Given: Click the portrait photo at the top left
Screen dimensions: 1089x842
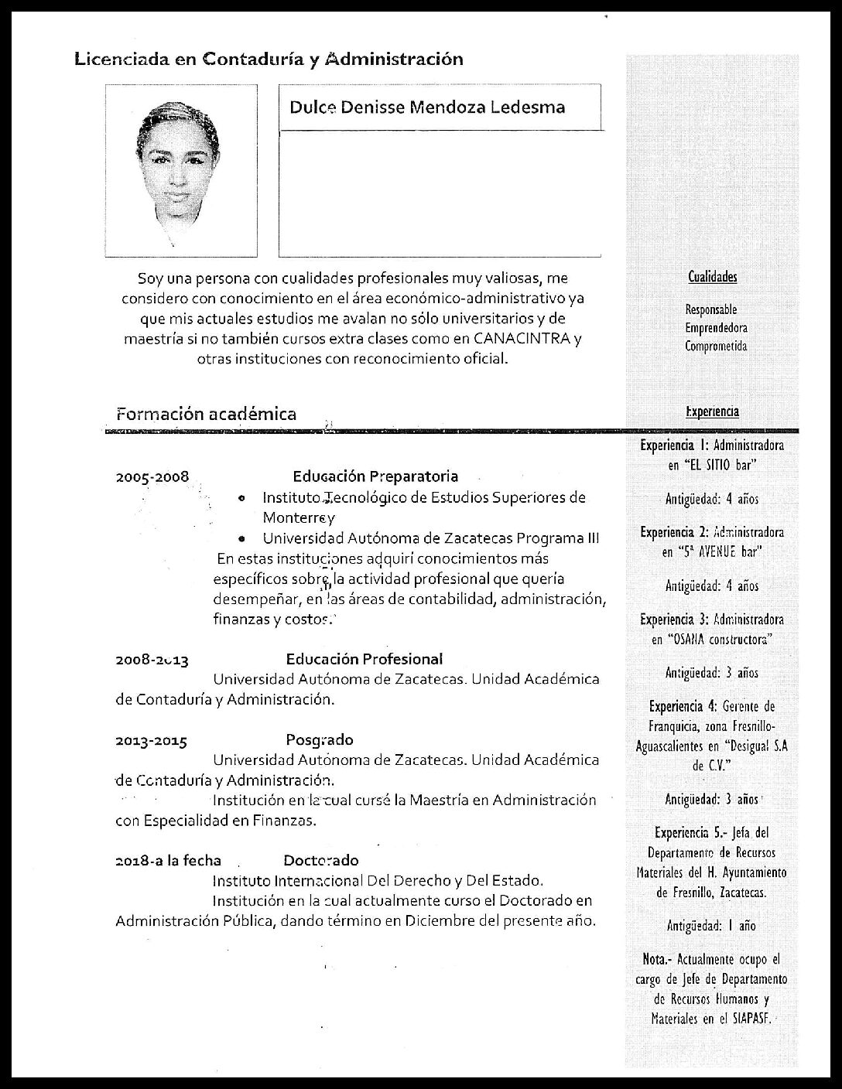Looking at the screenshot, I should coord(181,171).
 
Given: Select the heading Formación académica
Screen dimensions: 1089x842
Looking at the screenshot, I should coord(206,414).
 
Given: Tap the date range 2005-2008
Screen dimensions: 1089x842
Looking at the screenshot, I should coord(152,477).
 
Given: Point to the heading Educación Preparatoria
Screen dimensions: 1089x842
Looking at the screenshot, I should coord(375,476).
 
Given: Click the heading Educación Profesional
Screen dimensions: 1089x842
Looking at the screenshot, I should coord(365,659).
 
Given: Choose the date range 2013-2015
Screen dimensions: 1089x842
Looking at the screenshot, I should coord(152,741).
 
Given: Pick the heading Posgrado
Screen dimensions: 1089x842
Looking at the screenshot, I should coord(320,739).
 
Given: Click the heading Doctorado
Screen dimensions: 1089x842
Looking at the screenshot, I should coord(321,860).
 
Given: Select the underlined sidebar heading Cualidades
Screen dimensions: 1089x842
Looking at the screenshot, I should coord(712,277).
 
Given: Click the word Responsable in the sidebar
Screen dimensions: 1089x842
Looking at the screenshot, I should coord(710,309).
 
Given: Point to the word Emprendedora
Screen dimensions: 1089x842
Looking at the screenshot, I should coord(716,328).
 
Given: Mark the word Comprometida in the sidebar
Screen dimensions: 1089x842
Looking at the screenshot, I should coord(716,346).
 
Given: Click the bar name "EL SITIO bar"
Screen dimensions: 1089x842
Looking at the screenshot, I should coord(720,465).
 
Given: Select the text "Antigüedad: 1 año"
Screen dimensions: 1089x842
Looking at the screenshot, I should coord(711,925).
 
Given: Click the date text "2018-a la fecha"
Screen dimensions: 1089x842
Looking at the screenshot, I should coord(168,860).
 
